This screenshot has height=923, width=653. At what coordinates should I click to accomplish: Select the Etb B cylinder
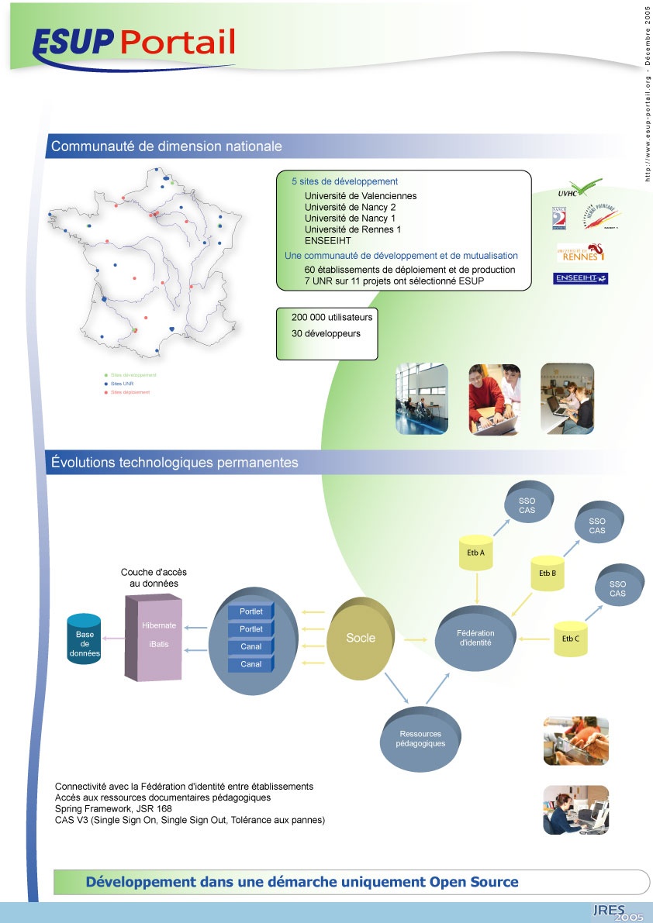548,573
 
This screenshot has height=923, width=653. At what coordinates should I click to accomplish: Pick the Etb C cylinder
571,639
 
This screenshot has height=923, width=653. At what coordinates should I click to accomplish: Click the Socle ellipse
361,638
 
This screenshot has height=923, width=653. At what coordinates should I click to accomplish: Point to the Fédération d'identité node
475,638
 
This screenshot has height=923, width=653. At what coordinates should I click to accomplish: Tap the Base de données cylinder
85,639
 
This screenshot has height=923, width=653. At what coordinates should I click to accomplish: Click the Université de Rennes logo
580,253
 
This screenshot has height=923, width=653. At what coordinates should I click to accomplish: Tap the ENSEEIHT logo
580,278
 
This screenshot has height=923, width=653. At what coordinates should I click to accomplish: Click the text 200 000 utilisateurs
332,318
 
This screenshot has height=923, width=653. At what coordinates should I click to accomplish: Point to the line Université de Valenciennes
361,196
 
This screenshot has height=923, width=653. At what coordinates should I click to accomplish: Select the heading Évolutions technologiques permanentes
174,463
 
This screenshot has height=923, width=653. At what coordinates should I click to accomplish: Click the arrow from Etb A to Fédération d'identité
479,591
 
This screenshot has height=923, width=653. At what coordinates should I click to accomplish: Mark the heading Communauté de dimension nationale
166,146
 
